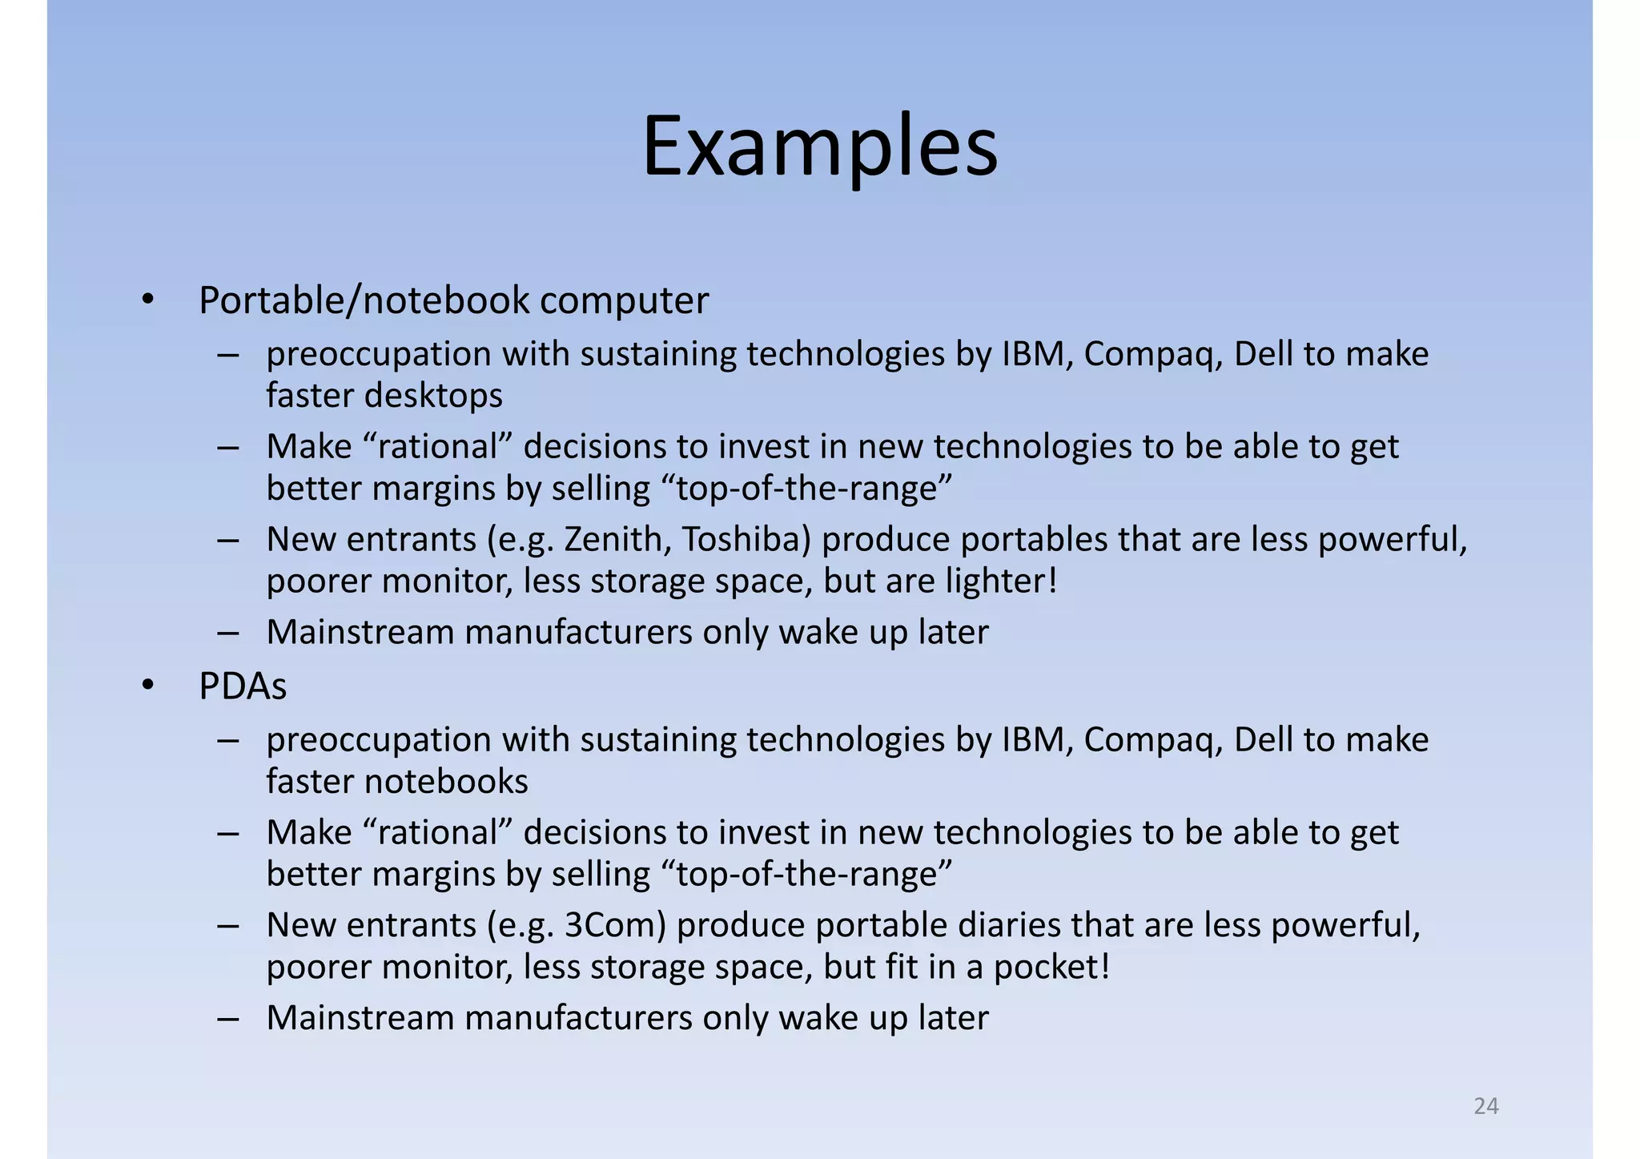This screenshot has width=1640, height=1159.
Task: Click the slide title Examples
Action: tap(820, 147)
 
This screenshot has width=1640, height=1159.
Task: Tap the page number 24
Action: tap(1485, 1106)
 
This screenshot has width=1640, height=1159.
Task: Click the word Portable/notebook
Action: tap(364, 301)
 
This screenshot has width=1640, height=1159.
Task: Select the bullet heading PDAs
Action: tap(242, 686)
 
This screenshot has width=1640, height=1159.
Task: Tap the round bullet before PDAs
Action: tap(147, 686)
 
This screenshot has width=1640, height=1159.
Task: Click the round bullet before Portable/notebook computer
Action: tap(147, 300)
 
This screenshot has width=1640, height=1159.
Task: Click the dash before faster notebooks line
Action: tap(228, 739)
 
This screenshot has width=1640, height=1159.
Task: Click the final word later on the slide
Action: tap(953, 1018)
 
